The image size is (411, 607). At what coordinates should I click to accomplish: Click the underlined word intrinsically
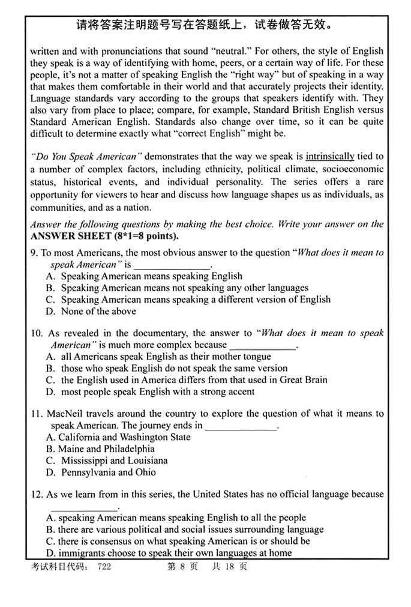[x=330, y=157]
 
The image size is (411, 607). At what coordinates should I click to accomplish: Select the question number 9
[x=34, y=253]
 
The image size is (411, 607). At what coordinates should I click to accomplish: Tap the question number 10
[x=36, y=333]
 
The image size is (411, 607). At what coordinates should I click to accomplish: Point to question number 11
[x=36, y=414]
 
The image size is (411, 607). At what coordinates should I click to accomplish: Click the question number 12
[x=36, y=494]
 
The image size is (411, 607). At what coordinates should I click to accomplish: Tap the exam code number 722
[x=104, y=566]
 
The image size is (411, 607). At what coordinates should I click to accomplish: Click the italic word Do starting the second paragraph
[x=40, y=157]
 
